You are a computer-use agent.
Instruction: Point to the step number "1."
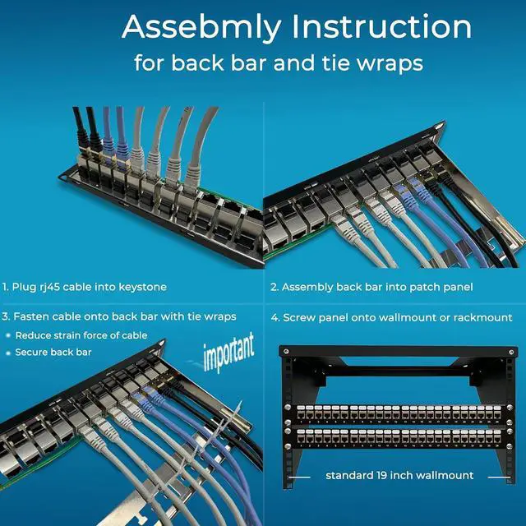coord(6,287)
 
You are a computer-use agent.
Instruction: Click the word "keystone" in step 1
coord(142,287)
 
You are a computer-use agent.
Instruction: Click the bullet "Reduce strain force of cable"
coord(81,335)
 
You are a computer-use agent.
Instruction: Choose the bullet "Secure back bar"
coord(53,352)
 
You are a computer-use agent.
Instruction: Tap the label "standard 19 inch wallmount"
coord(399,475)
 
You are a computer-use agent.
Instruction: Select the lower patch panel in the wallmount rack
coord(392,438)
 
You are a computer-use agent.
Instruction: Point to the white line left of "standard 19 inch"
coord(301,475)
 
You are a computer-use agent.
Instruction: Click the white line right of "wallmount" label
coord(498,475)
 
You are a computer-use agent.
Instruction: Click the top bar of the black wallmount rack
coord(392,351)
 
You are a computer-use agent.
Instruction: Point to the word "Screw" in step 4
coord(298,317)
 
